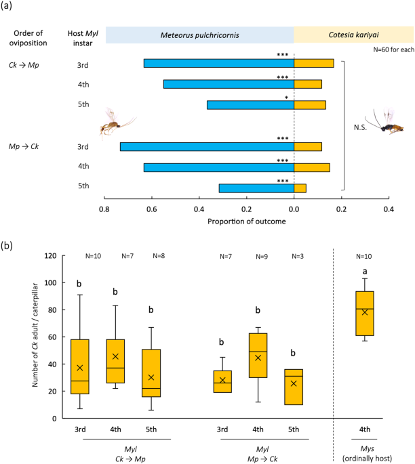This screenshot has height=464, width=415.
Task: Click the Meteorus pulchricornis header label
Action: (199, 35)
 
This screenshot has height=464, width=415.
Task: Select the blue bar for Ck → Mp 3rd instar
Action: (218, 63)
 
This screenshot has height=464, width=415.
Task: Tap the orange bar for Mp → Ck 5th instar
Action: (300, 188)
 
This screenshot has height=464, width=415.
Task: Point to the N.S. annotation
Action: (361, 127)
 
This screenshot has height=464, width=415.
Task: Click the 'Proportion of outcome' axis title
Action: (246, 221)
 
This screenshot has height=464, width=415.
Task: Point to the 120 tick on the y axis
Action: (49, 256)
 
